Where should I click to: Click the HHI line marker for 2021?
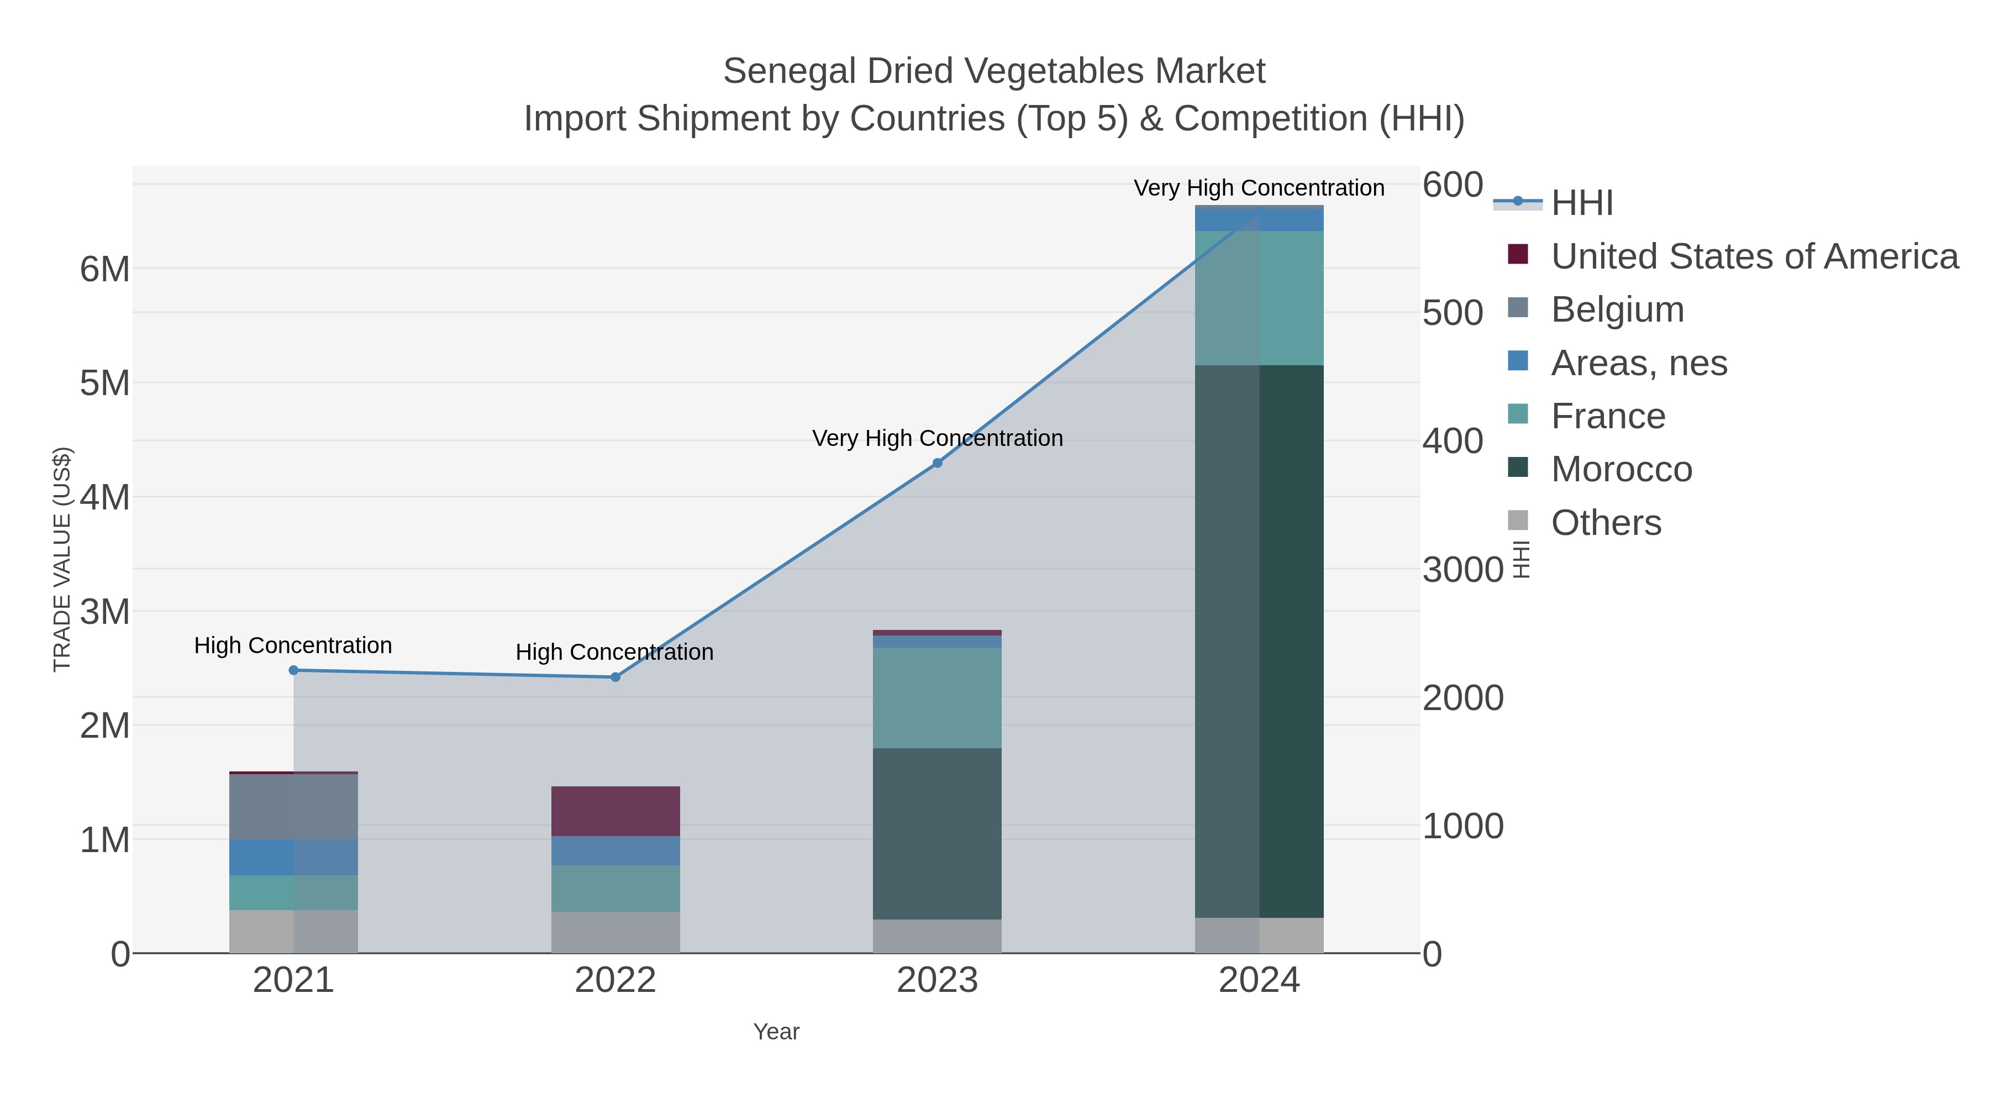293,670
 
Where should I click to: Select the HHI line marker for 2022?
615,677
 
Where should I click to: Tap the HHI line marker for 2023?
938,464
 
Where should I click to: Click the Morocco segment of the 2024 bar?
1259,641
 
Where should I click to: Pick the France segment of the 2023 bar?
938,697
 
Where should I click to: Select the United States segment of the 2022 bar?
615,811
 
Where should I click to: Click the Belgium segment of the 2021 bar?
293,806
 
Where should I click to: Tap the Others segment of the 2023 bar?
938,936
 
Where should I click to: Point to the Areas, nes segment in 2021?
293,857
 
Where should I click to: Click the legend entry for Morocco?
1622,470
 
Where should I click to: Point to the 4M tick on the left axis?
105,497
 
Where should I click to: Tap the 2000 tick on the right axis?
1462,698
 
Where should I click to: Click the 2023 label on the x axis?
938,981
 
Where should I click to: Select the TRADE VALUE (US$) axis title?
62,559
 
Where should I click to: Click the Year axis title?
776,1032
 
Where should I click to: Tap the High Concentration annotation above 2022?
614,652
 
